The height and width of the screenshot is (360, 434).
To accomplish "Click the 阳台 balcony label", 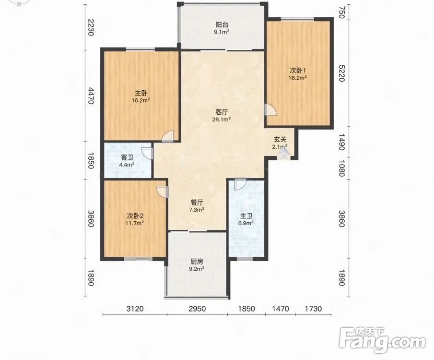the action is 222,24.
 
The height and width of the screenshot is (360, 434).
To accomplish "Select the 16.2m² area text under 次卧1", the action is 297,78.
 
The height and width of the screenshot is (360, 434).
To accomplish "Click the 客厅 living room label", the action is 222,112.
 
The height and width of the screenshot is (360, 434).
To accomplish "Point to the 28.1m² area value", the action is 222,119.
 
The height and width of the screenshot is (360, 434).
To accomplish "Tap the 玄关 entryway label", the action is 280,140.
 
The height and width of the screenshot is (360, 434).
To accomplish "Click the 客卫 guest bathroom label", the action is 127,158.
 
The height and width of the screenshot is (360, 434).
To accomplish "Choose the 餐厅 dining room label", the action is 196,202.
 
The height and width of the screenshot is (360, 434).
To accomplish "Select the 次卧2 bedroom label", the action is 135,216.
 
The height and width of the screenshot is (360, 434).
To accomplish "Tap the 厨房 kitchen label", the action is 197,261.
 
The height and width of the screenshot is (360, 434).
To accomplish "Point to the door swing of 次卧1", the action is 270,109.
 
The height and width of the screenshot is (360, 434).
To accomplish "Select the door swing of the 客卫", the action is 147,153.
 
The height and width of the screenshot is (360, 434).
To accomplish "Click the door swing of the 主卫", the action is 240,185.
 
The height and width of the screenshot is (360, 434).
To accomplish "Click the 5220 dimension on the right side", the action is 342,73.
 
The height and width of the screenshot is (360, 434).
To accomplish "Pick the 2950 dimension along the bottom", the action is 197,309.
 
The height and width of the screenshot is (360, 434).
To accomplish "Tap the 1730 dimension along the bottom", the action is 313,309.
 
